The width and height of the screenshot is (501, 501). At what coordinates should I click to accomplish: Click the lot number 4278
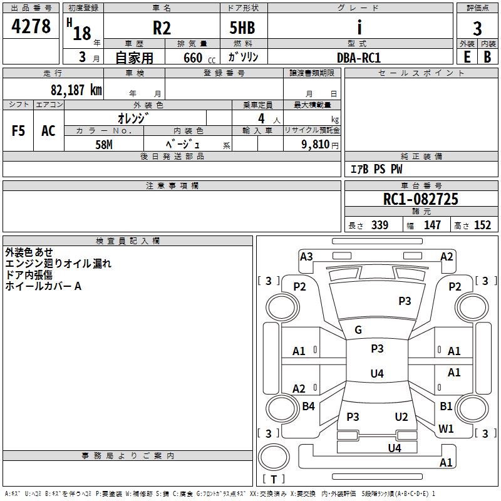pos(31,27)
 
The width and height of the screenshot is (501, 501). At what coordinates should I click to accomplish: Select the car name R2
pos(162,28)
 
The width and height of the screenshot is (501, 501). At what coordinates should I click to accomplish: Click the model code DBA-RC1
pos(359,57)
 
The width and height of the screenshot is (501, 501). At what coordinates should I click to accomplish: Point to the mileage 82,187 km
pos(76,90)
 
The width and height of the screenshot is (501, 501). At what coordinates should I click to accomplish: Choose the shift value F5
pos(19,131)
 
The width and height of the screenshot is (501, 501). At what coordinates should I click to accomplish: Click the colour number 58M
pos(104,144)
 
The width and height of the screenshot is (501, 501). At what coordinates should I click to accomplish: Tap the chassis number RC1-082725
pos(421,199)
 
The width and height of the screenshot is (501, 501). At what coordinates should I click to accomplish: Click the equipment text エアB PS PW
pos(376,170)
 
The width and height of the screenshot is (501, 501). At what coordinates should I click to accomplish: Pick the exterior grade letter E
pos(467,56)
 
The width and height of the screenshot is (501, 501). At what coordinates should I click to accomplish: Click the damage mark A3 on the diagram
pos(306,256)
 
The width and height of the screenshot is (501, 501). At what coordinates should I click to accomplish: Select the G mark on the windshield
pos(358,330)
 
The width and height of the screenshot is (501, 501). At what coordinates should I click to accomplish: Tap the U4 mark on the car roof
pos(376,374)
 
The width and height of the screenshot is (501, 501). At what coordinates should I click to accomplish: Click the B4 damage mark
pos(308,406)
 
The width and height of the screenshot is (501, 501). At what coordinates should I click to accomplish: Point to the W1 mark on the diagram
pos(446,429)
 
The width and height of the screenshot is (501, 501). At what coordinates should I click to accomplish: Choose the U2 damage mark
pos(401,417)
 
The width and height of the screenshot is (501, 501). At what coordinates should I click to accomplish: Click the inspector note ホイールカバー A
pos(43,286)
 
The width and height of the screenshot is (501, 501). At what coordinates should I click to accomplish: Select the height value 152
pos(482,225)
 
